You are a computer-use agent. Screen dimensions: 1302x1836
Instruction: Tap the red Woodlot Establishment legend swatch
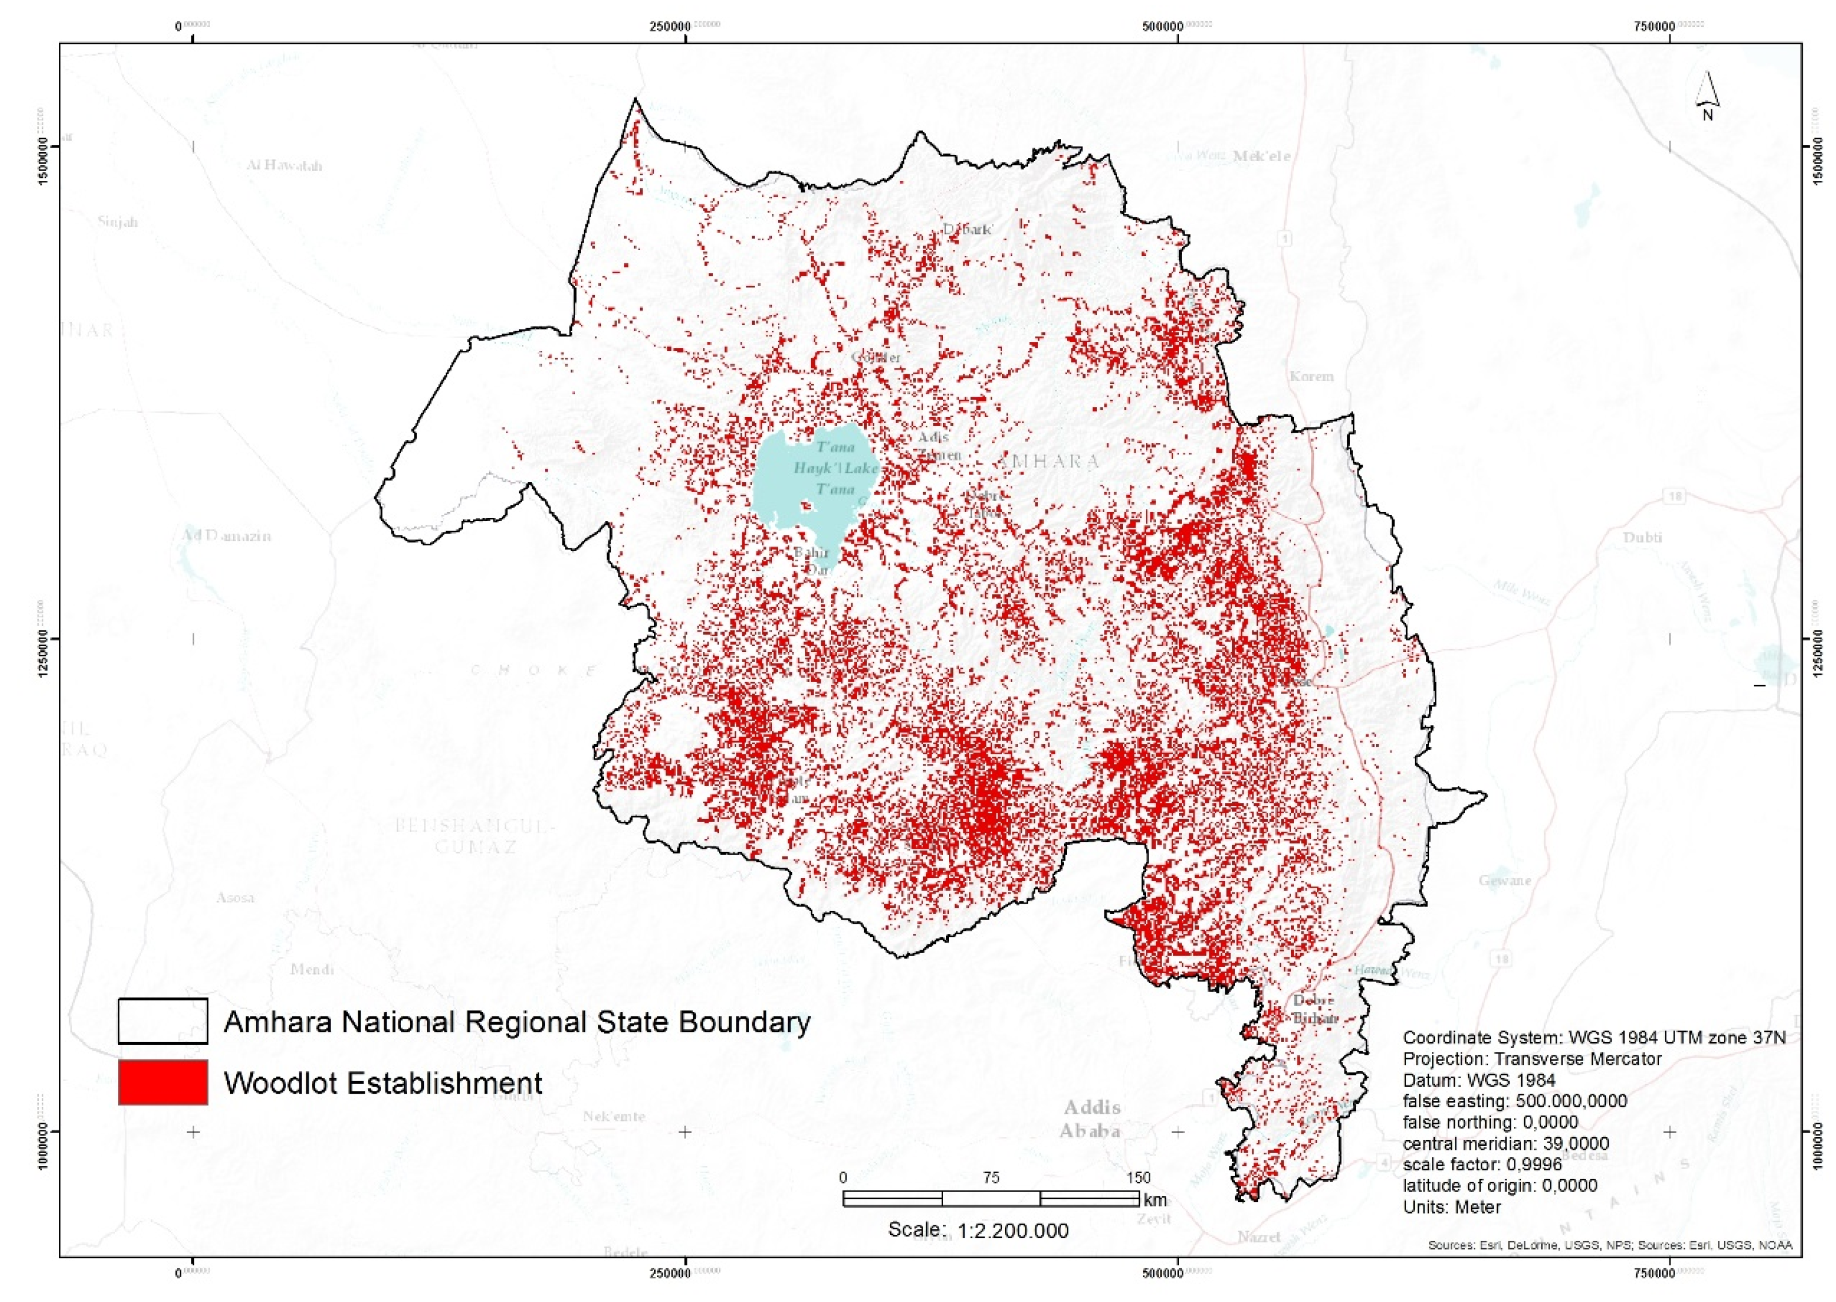click(163, 1082)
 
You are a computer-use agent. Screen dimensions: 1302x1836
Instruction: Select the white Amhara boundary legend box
click(163, 1020)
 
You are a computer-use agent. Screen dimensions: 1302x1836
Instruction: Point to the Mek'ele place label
click(1261, 156)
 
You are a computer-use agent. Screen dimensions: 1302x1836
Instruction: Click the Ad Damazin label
click(226, 536)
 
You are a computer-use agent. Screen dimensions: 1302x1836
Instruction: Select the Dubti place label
click(1642, 537)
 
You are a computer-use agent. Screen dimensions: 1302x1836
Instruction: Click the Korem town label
click(1312, 376)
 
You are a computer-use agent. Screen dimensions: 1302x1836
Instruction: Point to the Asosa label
click(235, 897)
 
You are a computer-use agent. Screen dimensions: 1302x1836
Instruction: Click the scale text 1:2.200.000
click(978, 1230)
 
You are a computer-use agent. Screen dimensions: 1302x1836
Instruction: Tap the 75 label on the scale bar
click(991, 1178)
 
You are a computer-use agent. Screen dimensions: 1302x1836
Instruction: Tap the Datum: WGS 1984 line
click(1479, 1080)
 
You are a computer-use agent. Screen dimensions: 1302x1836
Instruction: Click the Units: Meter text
click(1452, 1206)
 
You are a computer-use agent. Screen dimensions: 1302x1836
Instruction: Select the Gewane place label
click(1505, 880)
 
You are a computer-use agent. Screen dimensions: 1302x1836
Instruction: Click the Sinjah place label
click(118, 222)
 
